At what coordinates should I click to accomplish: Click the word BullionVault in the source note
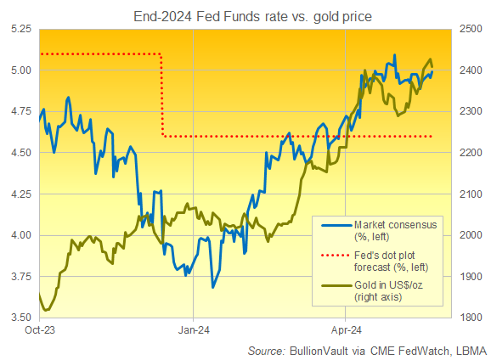319,350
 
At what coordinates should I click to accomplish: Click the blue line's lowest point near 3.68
212,288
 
